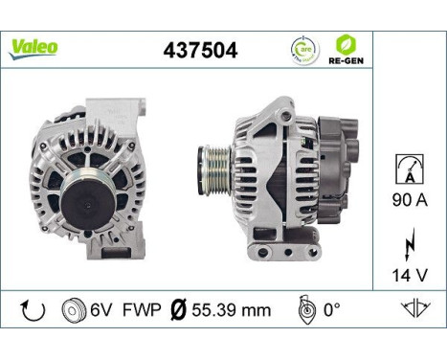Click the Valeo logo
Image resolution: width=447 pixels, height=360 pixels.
[34, 46]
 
